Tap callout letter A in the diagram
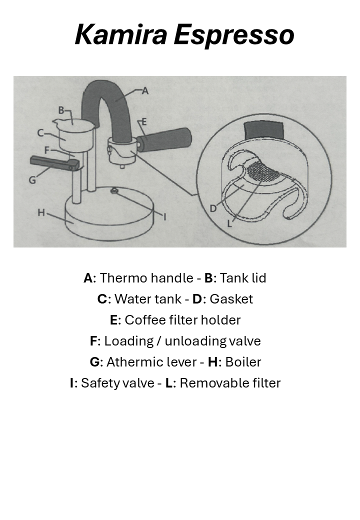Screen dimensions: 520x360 (x=145, y=90)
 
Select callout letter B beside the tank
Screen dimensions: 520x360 (x=61, y=110)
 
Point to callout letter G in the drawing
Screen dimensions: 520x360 (x=32, y=180)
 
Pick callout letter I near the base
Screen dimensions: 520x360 (x=165, y=216)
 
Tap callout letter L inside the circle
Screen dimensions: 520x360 (x=229, y=223)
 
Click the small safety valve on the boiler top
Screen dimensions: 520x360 (x=114, y=189)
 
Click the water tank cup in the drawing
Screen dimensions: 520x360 (x=74, y=135)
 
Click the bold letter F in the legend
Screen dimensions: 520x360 (x=93, y=341)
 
